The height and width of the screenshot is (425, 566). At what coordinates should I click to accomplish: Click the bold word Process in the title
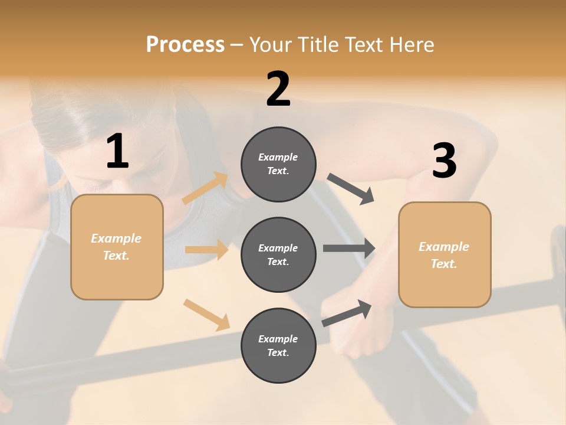pos(185,45)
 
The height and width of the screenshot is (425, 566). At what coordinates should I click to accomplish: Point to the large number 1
pos(117,152)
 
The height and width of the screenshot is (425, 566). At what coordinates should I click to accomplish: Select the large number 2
pos(278,89)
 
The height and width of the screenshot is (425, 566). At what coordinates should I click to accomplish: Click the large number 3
pos(444,161)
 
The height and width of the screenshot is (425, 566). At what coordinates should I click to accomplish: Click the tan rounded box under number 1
pos(117,247)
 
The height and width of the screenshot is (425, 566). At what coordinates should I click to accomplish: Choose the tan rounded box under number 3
pos(445,254)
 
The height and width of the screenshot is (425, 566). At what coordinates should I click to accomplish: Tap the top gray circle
pos(278,164)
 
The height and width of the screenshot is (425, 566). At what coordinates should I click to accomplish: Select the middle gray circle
pos(278,254)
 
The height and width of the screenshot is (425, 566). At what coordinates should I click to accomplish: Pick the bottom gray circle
pos(278,345)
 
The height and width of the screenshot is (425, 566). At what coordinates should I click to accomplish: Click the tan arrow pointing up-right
pos(205,188)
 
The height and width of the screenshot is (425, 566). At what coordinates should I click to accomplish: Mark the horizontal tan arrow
pos(206,250)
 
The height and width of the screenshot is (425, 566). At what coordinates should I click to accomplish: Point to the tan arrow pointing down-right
pos(206,315)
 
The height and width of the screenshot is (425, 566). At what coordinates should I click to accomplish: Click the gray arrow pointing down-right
pos(351,188)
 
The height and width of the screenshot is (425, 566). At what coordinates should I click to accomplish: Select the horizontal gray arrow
pos(349,249)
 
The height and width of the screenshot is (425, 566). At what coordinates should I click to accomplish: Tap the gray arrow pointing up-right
pos(347,313)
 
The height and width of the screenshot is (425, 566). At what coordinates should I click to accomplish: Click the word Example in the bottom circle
pos(278,339)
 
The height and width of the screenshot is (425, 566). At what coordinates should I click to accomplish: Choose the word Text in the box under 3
pos(443,264)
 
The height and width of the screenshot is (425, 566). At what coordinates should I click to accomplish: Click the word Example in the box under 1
pos(116,238)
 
